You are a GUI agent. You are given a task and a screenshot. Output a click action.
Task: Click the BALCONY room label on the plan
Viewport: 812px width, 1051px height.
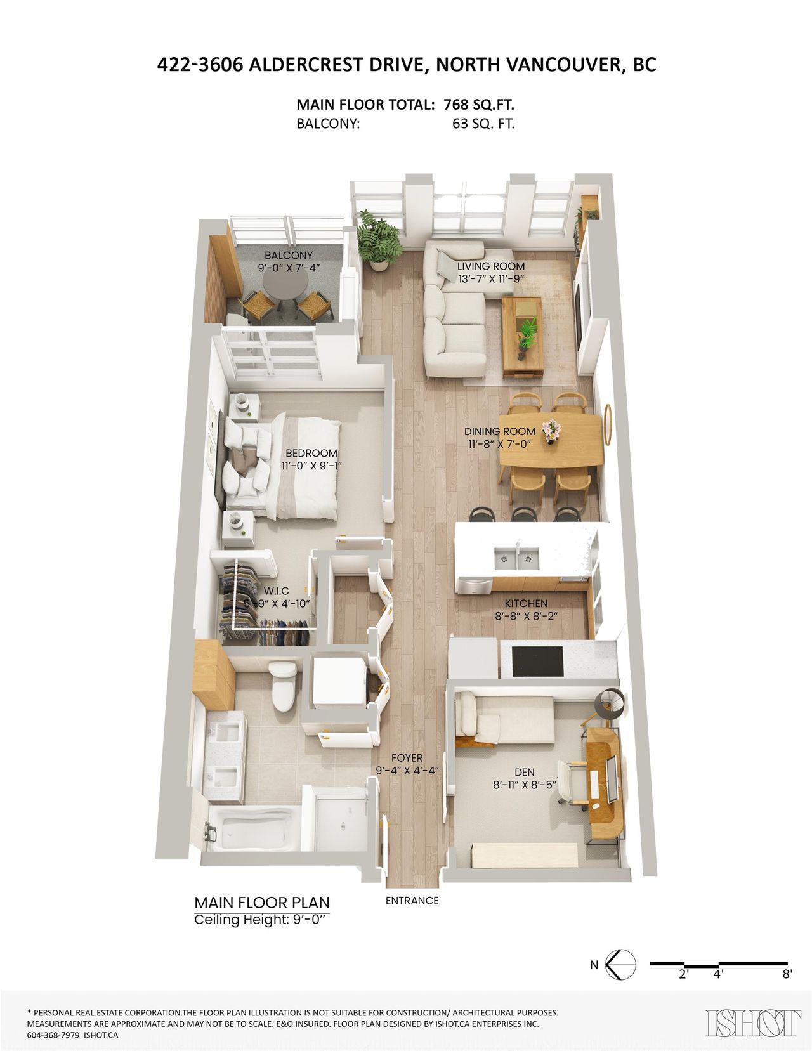[x=288, y=255]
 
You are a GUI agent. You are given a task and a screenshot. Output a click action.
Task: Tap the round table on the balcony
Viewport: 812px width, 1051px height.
[x=285, y=284]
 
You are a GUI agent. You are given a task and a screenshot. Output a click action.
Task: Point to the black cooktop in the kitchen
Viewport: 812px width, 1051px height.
[x=538, y=663]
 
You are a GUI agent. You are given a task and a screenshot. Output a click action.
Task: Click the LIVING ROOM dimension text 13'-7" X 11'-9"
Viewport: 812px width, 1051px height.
[x=492, y=278]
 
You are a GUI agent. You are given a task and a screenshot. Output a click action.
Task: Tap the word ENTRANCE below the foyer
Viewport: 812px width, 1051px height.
[x=412, y=901]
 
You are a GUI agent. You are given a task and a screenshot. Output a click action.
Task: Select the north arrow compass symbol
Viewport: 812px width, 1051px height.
[x=621, y=964]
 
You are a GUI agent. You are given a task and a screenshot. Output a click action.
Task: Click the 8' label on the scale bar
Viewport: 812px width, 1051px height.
[x=787, y=974]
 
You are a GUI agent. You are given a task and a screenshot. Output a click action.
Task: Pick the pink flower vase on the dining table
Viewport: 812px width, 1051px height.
[x=551, y=430]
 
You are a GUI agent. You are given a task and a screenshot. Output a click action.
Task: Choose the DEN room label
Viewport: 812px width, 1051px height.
[x=525, y=773]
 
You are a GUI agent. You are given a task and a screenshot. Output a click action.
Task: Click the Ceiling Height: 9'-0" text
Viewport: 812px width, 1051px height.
[x=262, y=920]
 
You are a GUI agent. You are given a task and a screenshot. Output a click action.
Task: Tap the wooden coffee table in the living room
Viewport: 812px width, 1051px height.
[x=522, y=337]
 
